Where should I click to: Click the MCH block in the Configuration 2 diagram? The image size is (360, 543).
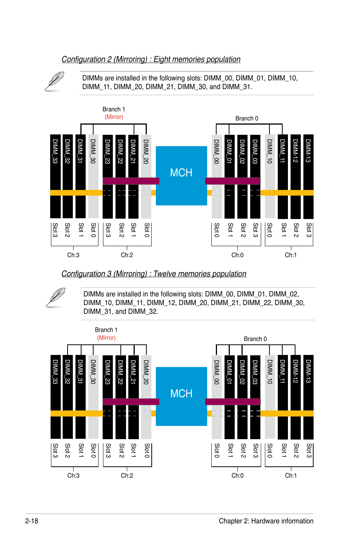(181, 173)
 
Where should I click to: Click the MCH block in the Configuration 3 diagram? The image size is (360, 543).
(181, 394)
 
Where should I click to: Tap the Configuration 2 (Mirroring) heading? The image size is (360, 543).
(151, 59)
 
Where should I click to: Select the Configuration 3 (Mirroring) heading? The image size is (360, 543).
(154, 274)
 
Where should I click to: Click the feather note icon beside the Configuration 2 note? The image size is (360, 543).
(54, 82)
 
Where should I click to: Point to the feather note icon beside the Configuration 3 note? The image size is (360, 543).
(55, 298)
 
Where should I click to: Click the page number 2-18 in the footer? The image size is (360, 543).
(32, 521)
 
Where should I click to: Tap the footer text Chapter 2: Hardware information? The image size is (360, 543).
(266, 521)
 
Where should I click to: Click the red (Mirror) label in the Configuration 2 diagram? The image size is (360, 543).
(114, 117)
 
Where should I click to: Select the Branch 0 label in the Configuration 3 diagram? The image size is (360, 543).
(255, 339)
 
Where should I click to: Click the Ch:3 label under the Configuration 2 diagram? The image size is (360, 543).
(73, 255)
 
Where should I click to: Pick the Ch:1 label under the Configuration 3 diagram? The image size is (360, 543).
(291, 476)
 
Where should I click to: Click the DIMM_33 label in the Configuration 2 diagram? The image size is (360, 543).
(55, 151)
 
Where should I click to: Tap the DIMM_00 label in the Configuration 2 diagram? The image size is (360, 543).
(217, 151)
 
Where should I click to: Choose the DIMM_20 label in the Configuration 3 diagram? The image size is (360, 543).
(146, 372)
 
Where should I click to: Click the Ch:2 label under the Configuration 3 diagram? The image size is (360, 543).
(127, 476)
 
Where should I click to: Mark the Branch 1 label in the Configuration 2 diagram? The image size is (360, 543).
(114, 110)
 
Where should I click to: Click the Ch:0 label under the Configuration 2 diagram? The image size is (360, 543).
(237, 255)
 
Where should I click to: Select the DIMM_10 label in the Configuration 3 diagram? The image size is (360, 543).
(269, 372)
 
